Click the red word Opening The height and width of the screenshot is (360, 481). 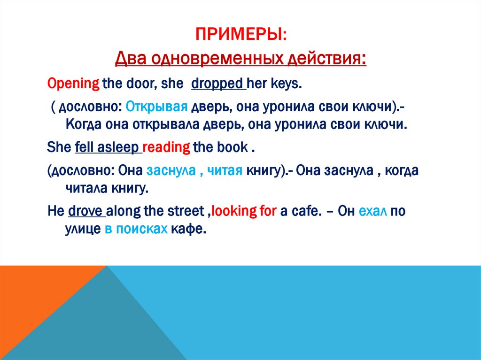coord(73,84)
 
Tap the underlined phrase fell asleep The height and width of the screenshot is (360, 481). coord(108,147)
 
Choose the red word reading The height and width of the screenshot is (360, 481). coord(166,147)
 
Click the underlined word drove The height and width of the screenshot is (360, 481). coord(86,211)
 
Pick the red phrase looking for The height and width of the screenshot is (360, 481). coord(244,211)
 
